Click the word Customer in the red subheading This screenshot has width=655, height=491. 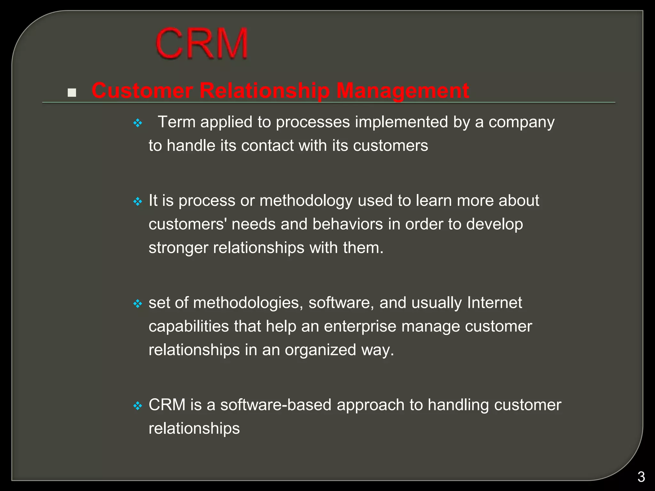pos(142,90)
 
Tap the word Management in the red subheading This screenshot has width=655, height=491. pos(403,90)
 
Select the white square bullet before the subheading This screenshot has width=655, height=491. pos(72,93)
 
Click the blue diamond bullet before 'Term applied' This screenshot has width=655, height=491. pos(138,123)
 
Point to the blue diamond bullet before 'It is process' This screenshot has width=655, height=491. pos(138,202)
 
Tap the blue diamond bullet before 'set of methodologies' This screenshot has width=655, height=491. pos(138,304)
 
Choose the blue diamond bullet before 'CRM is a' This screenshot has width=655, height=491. pos(138,406)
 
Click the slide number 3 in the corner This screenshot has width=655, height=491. pos(641,477)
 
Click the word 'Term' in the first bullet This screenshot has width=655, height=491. pos(177,122)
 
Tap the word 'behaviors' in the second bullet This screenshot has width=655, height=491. pos(347,224)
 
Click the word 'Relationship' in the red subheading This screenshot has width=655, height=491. pos(264,90)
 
